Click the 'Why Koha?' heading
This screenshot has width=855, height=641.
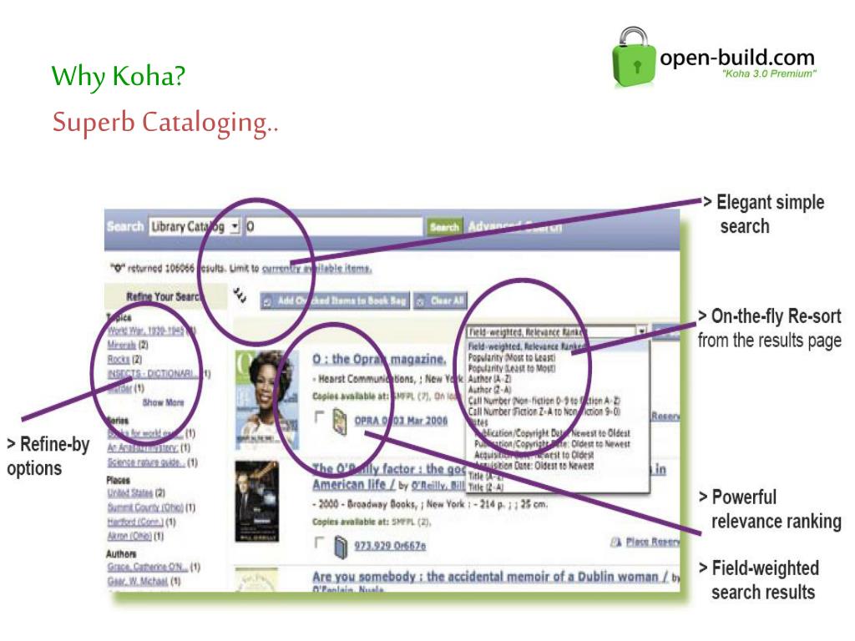(x=118, y=78)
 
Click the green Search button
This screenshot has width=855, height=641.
(x=444, y=226)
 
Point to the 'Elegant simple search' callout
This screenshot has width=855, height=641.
(x=761, y=214)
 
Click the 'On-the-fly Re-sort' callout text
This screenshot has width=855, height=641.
(x=769, y=328)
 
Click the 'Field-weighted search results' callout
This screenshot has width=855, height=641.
(x=765, y=580)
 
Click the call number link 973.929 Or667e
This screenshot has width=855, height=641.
(x=390, y=546)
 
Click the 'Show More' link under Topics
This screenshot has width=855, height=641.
(x=163, y=401)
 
